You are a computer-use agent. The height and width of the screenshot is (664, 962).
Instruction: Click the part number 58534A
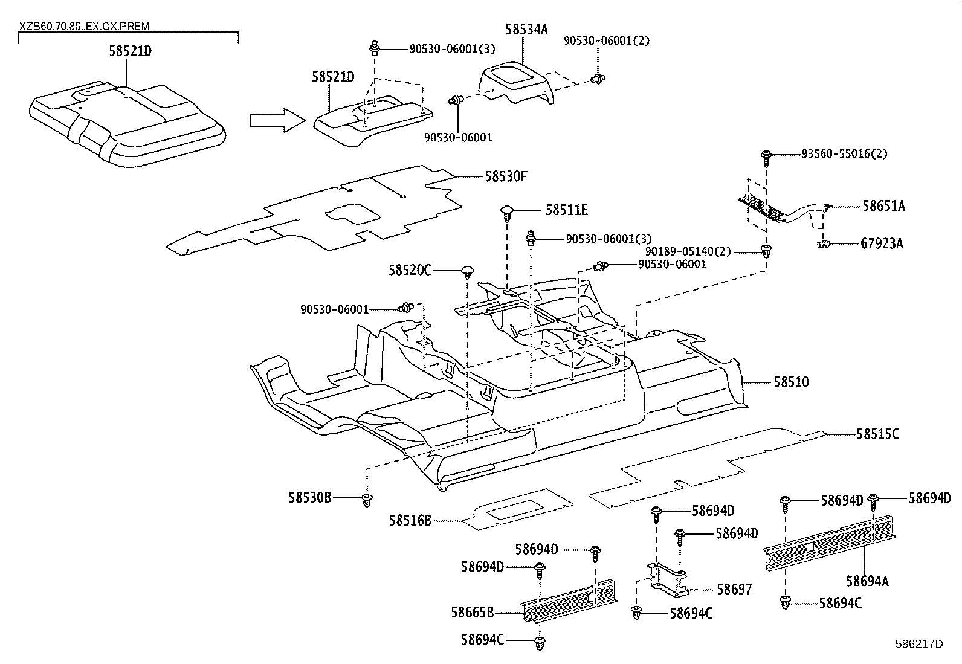tap(526, 29)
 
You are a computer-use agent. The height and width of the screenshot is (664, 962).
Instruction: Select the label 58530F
tap(506, 176)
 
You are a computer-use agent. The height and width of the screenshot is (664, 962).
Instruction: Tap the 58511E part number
tap(566, 210)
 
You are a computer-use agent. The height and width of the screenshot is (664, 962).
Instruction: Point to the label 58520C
tap(410, 270)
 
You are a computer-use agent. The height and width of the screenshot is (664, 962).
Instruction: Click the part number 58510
tap(790, 382)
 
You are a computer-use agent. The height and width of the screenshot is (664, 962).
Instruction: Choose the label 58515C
tap(877, 434)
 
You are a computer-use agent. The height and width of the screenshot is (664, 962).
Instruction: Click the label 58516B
tap(410, 520)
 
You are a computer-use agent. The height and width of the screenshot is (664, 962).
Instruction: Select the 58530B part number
tap(310, 498)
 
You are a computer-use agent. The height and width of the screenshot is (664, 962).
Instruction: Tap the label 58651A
tap(883, 206)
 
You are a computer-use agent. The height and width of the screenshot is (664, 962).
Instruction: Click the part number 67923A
tap(882, 243)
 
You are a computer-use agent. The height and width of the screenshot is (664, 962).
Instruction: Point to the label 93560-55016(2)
tap(844, 154)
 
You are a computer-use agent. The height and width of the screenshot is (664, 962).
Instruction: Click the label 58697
tap(734, 589)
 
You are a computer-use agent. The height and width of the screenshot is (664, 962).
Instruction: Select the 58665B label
tap(472, 613)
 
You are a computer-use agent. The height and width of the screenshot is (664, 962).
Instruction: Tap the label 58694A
tap(867, 581)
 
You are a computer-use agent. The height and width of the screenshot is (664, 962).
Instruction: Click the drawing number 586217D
tap(918, 643)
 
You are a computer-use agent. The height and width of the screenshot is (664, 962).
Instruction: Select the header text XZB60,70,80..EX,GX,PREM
tap(85, 27)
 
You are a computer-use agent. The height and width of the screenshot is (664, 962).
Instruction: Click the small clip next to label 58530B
tap(366, 500)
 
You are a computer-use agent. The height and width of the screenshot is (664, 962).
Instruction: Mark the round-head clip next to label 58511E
tap(507, 213)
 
